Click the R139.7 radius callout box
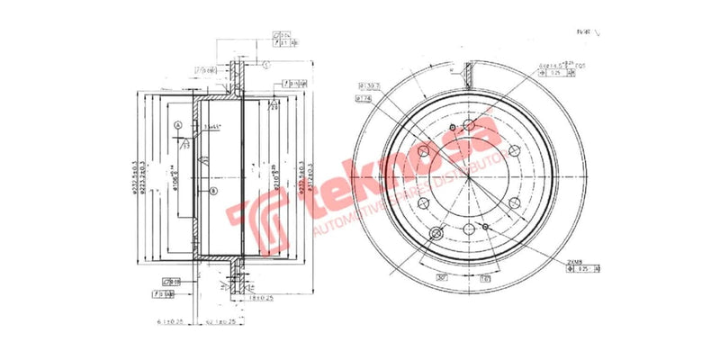[x=370, y=86]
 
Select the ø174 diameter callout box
[x=364, y=99]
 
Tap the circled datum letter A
[x=178, y=125]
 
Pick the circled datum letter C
[x=266, y=65]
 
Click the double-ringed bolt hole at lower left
[x=437, y=235]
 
